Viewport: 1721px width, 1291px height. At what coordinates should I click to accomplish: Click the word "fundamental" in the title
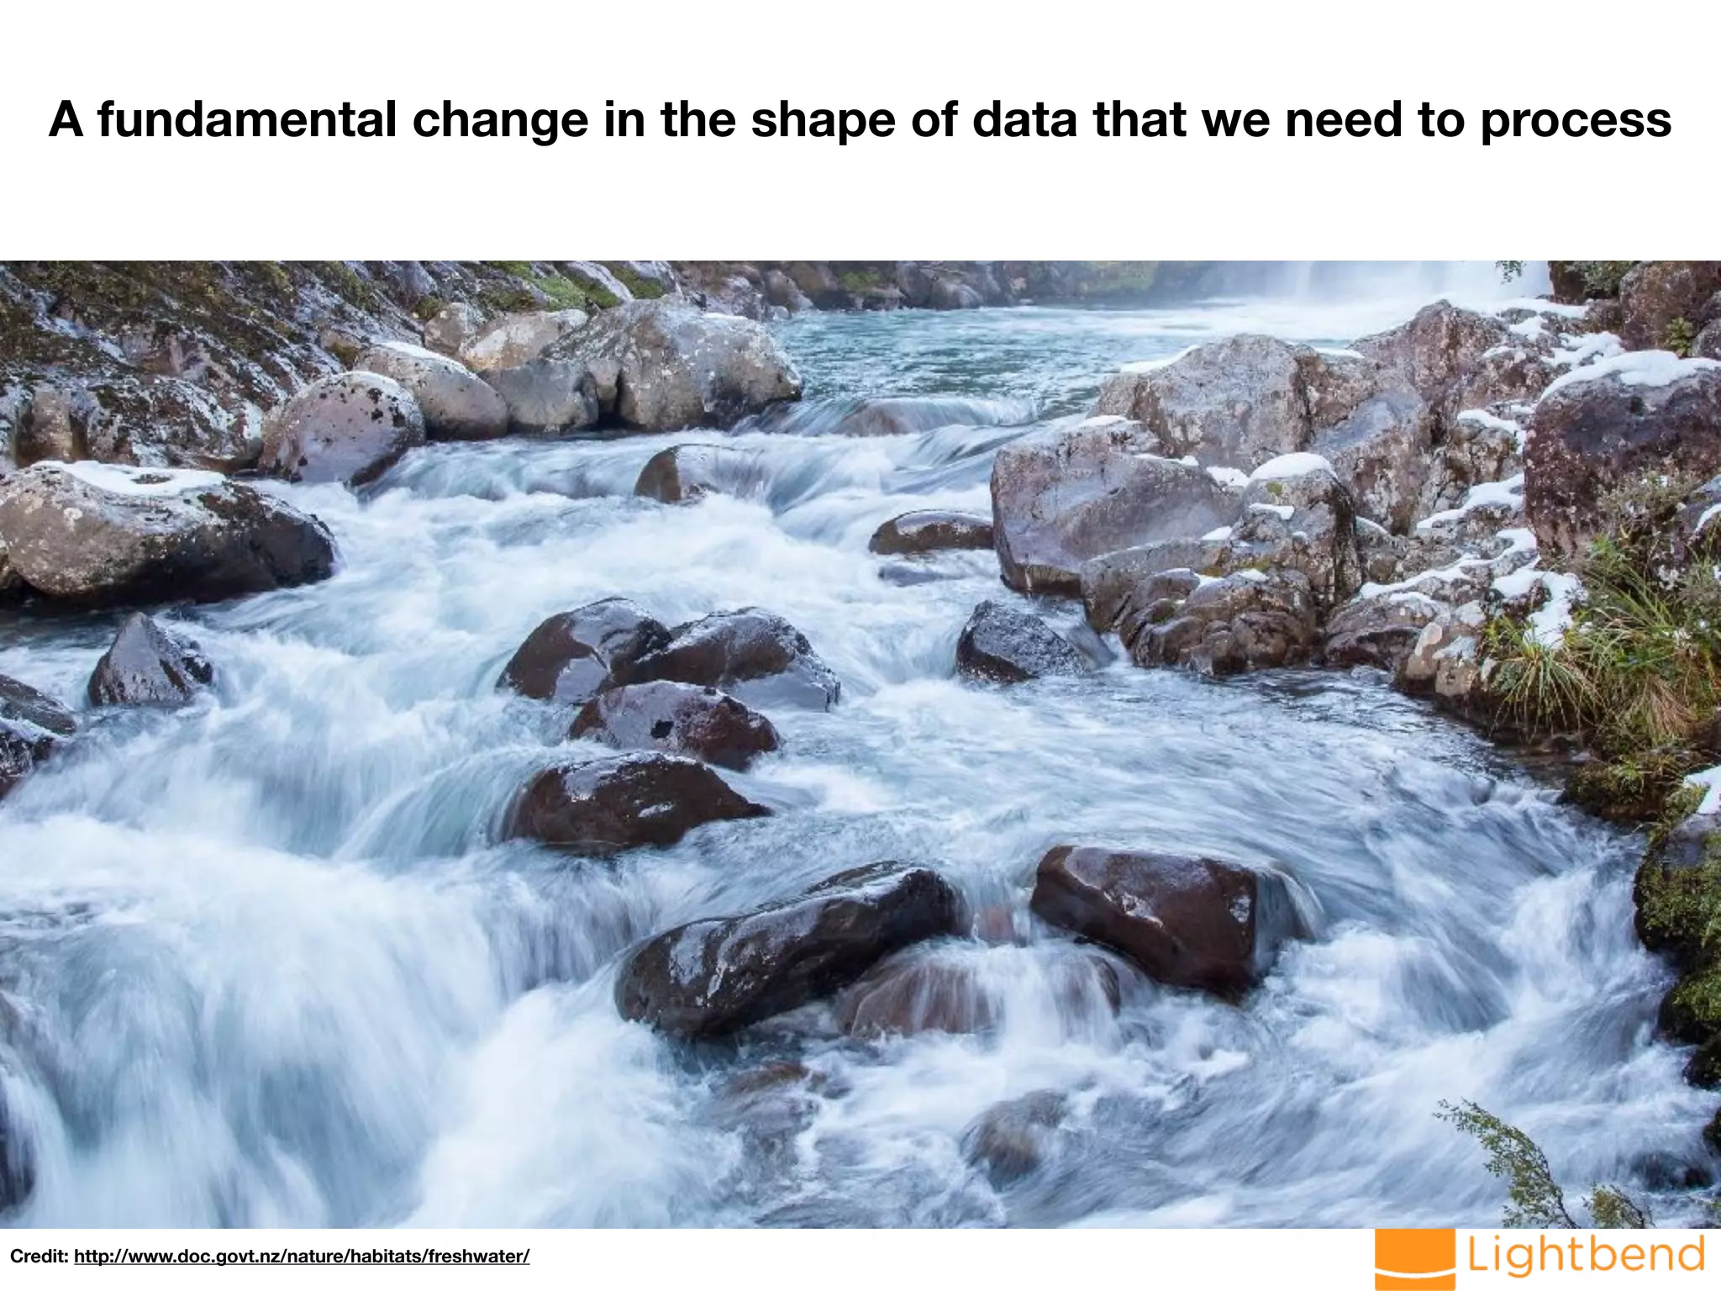point(246,119)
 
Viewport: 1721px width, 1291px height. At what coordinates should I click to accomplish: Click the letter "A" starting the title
point(66,119)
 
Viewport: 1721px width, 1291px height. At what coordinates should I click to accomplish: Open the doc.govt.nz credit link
point(302,1257)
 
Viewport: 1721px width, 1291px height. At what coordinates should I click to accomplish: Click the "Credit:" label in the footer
point(39,1257)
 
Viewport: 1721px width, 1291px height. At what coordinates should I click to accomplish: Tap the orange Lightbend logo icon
point(1415,1259)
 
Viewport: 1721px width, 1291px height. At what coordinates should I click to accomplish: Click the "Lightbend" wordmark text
point(1587,1255)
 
